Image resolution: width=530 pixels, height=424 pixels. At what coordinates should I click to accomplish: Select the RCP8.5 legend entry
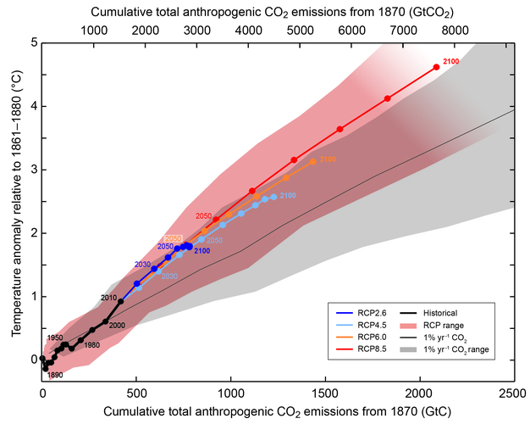coord(371,349)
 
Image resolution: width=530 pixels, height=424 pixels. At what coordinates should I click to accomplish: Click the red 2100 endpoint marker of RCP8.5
coord(436,67)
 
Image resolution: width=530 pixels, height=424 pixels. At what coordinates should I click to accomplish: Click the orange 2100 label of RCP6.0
coord(328,159)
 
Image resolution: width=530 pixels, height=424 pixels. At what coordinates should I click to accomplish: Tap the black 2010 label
coord(108,298)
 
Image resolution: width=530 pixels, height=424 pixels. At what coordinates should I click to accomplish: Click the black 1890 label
coord(54,375)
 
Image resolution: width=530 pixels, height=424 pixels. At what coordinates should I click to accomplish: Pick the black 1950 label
coord(54,338)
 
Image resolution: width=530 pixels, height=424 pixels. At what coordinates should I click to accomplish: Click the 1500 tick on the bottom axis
coord(325,393)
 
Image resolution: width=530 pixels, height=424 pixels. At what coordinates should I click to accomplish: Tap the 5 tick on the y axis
coord(31,42)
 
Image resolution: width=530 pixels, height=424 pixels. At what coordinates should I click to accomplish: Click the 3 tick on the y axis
coord(31,170)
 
